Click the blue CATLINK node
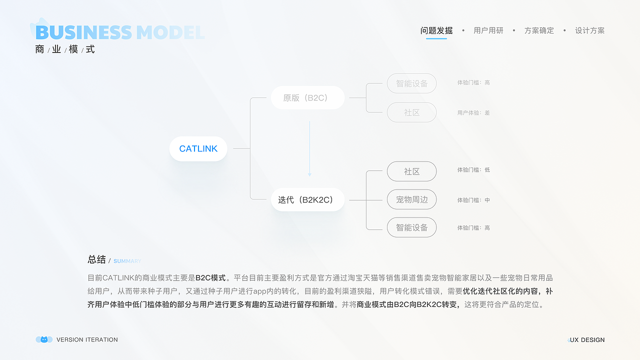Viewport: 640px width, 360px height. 198,148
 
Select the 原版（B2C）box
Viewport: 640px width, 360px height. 307,98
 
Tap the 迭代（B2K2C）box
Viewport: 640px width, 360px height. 307,200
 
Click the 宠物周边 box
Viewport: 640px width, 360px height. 411,199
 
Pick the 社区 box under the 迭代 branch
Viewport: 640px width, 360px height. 411,171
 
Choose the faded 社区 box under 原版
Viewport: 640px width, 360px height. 411,112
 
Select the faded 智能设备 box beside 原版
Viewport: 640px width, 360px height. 411,83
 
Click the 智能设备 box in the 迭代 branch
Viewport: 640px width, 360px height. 411,227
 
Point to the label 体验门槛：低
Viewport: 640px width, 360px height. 473,170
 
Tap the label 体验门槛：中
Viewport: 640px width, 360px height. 473,200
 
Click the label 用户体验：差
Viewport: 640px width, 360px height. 473,113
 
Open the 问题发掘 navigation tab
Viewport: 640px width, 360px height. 436,30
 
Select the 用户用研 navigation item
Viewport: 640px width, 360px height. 488,30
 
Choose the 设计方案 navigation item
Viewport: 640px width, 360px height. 589,30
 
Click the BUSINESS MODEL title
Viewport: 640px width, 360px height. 120,32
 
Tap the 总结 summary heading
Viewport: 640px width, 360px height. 96,259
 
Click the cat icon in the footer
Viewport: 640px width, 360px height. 44,339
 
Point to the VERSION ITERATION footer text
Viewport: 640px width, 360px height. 87,340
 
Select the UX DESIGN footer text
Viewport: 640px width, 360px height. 587,340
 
